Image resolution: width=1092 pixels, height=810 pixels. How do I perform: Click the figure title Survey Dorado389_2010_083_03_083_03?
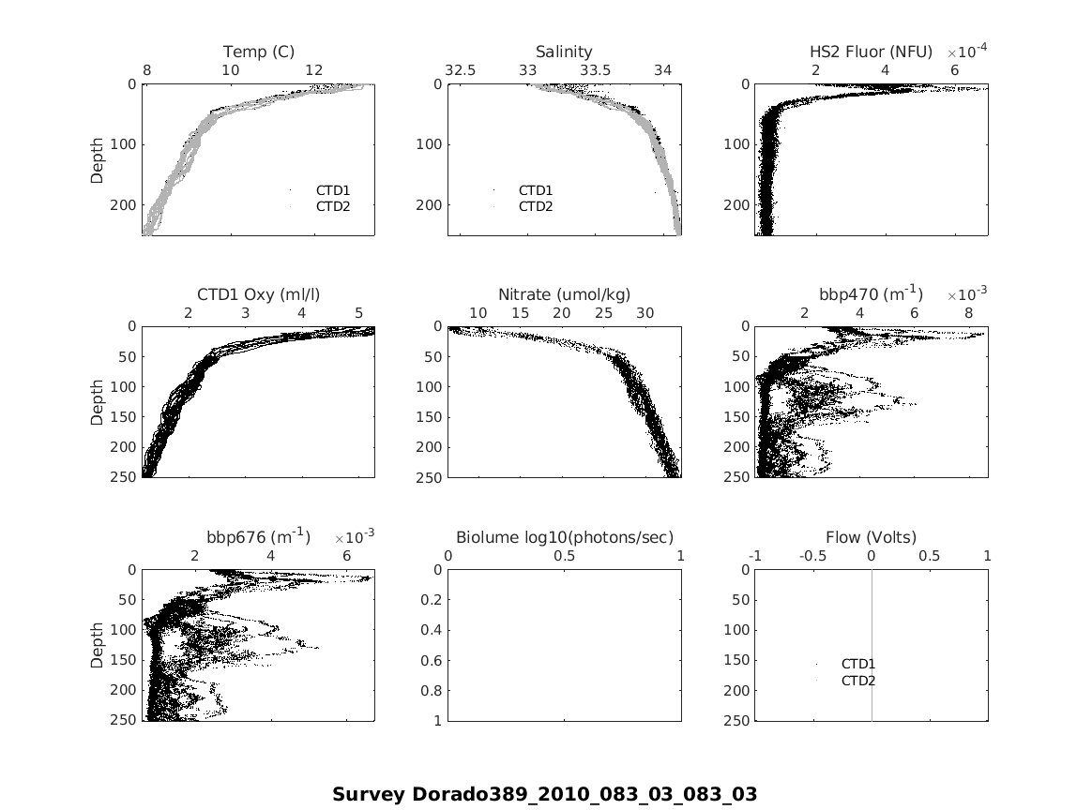click(x=544, y=794)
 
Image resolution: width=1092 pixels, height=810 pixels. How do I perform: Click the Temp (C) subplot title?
click(x=258, y=52)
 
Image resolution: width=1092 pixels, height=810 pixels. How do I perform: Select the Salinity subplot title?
click(x=564, y=52)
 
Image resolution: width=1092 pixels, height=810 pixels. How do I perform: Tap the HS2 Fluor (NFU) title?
click(x=871, y=52)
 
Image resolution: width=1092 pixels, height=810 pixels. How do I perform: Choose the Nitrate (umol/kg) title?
click(x=564, y=294)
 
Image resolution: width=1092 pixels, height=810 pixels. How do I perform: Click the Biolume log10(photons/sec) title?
click(x=564, y=537)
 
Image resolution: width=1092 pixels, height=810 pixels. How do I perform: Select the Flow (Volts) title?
click(x=871, y=537)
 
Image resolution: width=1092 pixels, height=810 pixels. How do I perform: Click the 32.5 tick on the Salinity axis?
click(x=460, y=70)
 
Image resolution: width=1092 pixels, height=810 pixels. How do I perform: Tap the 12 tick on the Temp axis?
click(x=314, y=70)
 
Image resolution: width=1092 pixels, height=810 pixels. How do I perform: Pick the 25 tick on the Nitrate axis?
click(x=603, y=313)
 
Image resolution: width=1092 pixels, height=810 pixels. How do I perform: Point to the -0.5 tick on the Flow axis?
click(x=812, y=556)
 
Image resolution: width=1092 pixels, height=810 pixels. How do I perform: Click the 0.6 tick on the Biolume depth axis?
click(x=432, y=660)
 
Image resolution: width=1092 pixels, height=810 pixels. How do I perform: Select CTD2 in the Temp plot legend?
click(x=332, y=206)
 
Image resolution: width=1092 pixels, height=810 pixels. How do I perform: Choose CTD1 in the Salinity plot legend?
click(x=535, y=190)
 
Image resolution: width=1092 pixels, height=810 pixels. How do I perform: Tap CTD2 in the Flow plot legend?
click(x=857, y=681)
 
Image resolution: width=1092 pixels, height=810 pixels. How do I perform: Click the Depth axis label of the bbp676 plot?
click(x=98, y=645)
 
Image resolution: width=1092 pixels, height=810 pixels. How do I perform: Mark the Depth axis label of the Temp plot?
click(x=98, y=159)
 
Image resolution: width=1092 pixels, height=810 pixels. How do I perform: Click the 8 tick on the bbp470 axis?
click(x=969, y=313)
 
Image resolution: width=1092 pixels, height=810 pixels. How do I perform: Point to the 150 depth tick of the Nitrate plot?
click(x=428, y=416)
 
